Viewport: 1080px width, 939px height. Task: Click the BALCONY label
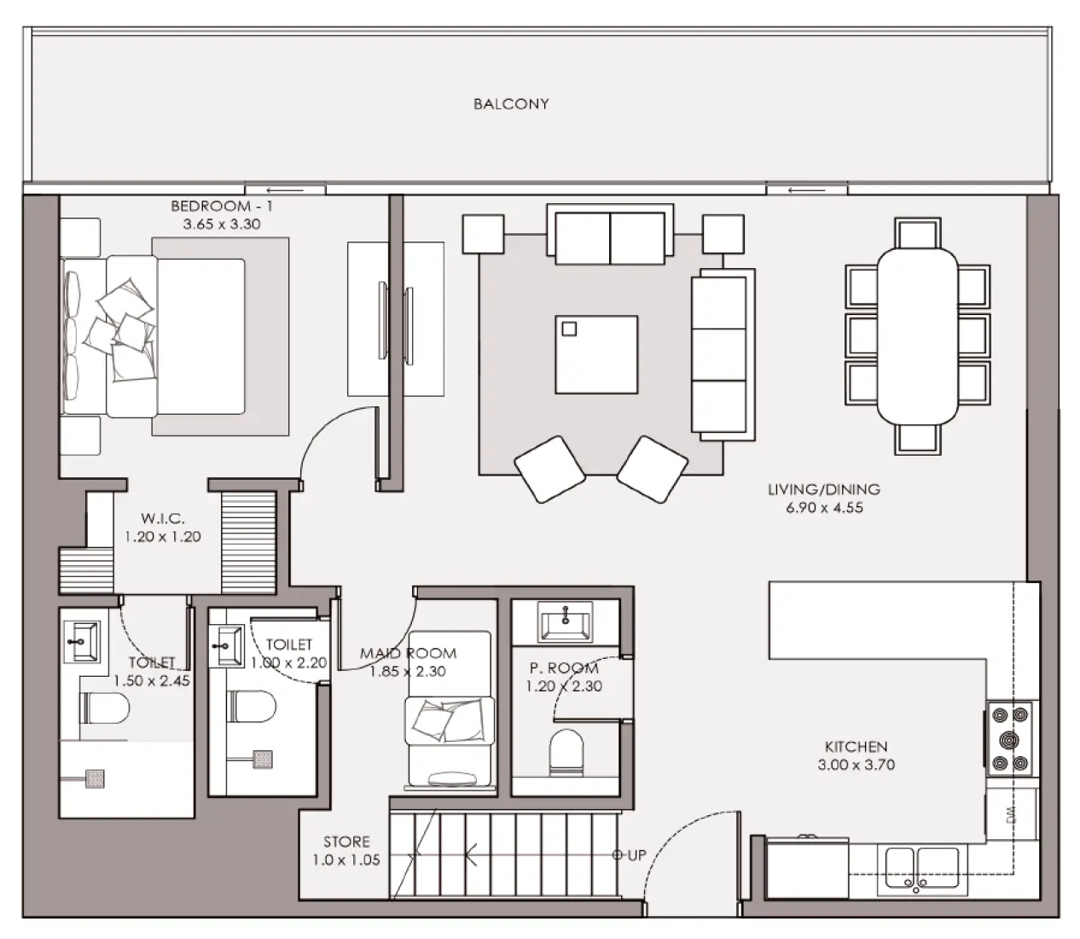click(511, 104)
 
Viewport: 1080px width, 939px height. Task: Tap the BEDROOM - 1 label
click(222, 207)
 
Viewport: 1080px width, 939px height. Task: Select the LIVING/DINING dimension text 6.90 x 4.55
click(823, 508)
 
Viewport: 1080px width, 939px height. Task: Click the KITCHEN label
click(856, 746)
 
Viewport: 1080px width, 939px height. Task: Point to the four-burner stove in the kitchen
click(1008, 738)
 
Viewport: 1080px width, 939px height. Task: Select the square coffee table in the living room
click(596, 354)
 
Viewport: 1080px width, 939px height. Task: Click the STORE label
click(346, 842)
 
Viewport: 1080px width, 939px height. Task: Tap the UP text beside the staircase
click(636, 855)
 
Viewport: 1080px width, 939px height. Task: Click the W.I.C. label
click(162, 518)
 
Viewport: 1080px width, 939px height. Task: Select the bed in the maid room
click(449, 709)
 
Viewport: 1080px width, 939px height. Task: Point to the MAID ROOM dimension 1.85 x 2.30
click(408, 672)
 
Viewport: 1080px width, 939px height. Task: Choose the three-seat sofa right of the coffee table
click(722, 354)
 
